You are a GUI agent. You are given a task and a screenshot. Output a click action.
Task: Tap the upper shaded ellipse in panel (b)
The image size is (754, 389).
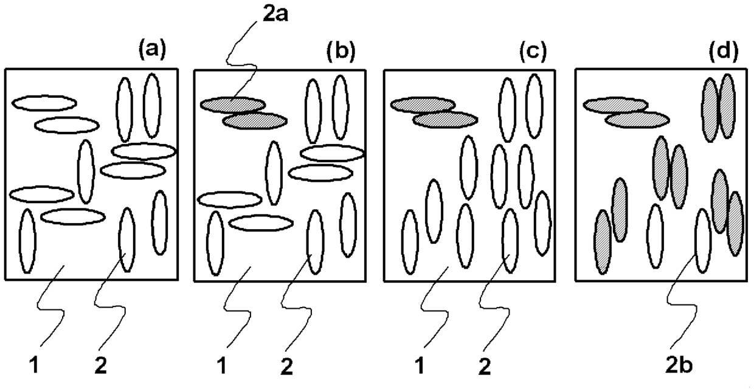coord(232,105)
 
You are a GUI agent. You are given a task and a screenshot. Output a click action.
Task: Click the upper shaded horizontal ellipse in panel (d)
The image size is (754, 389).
coord(615,105)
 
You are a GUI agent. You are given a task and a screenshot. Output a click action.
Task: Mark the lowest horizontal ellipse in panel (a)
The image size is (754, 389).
coord(73,216)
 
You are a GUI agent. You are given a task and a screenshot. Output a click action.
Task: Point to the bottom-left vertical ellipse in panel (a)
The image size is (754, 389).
coord(27,241)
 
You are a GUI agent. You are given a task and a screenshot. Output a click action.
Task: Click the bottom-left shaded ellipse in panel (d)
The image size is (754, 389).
coord(603,242)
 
